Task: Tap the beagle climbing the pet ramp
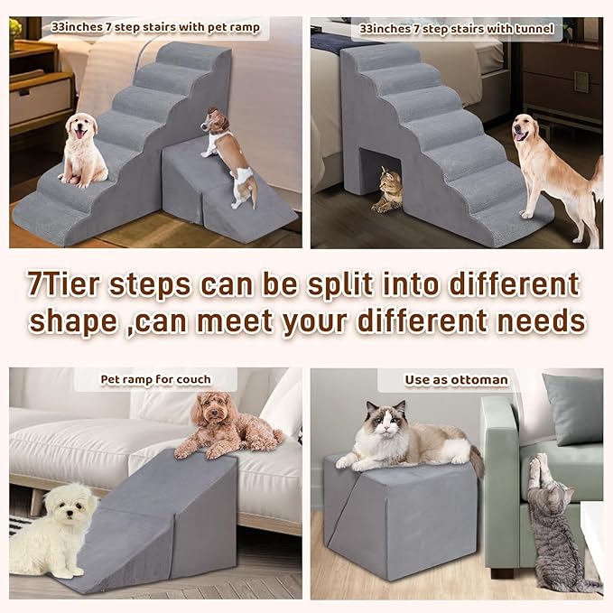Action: coord(228,153)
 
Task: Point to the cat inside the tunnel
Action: coord(388,190)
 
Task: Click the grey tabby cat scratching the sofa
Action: coord(551,524)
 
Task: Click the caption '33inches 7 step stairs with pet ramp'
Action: coord(155,28)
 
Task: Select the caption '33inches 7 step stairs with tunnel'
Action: coord(456,28)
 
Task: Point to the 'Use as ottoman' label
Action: coord(457,380)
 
